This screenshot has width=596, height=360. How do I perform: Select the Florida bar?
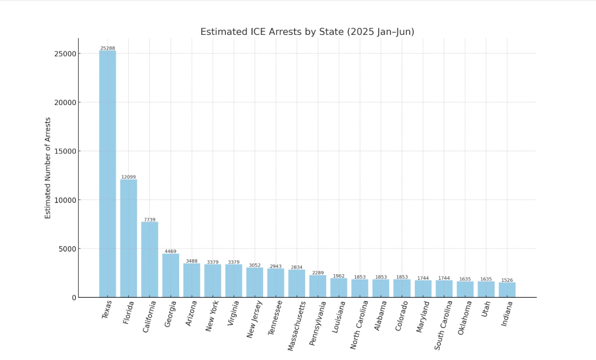[x=128, y=238]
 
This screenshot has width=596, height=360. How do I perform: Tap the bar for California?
[x=149, y=259]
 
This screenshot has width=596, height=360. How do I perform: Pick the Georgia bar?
[x=171, y=275]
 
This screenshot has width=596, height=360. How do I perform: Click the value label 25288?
[x=108, y=48]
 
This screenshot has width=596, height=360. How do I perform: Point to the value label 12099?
[x=128, y=177]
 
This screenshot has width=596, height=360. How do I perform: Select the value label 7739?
[x=149, y=220]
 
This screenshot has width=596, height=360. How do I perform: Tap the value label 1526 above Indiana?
[x=507, y=280]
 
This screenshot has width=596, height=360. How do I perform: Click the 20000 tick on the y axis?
[x=65, y=102]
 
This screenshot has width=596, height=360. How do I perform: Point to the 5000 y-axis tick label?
[x=67, y=249]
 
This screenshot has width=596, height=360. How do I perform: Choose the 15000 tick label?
[x=65, y=151]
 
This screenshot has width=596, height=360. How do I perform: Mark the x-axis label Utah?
[x=486, y=309]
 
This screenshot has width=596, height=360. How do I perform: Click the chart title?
[x=307, y=32]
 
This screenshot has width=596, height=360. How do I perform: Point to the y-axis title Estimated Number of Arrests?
[x=48, y=168]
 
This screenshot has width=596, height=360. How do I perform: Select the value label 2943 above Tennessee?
[x=276, y=267]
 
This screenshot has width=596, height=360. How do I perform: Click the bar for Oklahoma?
[x=465, y=289]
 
